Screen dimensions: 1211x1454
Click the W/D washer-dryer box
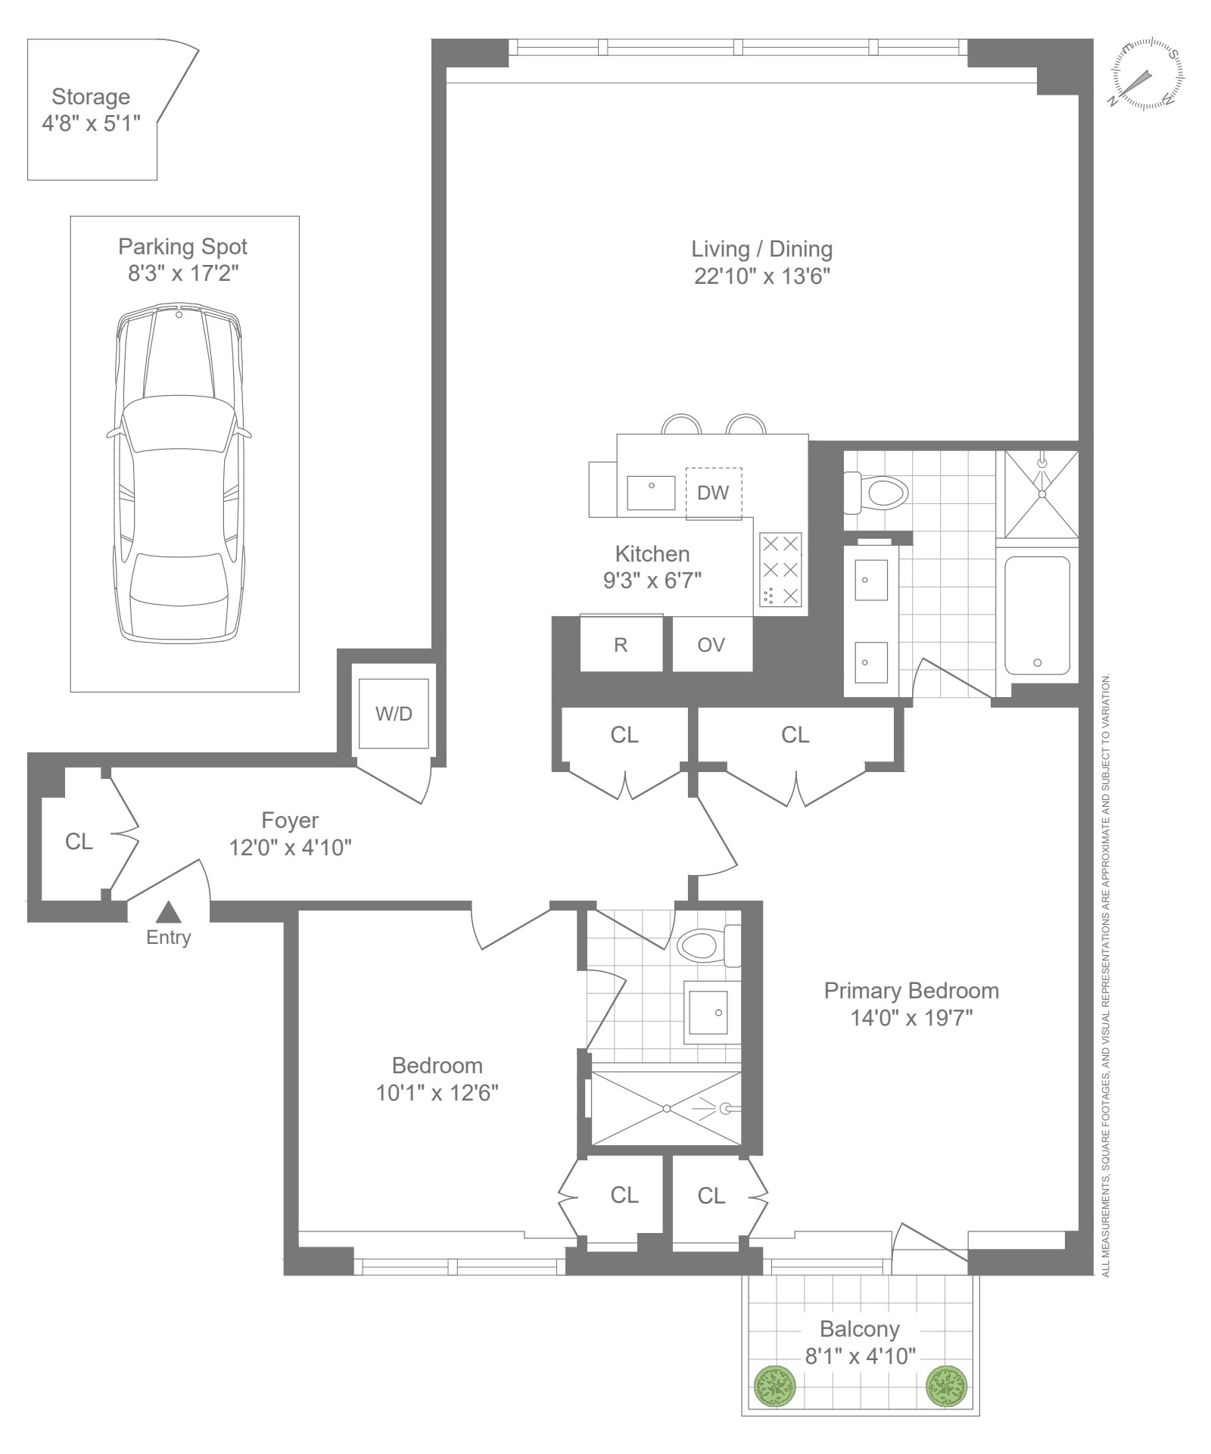coord(394,713)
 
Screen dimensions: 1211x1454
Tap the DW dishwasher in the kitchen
coord(714,493)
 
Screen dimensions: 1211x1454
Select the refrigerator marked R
coord(621,644)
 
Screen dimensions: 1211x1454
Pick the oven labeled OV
coord(712,644)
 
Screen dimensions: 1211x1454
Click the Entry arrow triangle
coord(169,911)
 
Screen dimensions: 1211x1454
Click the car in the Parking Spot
coord(179,474)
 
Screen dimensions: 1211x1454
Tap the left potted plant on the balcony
coord(776,1387)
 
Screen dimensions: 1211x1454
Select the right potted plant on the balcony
coord(947,1387)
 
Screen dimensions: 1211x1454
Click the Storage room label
coord(91,97)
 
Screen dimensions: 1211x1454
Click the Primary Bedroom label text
coord(911,991)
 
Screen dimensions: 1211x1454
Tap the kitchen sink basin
coord(651,493)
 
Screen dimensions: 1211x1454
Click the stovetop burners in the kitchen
coord(780,569)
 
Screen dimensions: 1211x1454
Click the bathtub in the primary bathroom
coord(1037,615)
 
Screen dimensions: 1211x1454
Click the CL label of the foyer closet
coord(79,842)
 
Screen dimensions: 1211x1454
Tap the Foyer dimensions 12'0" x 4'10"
coord(291,848)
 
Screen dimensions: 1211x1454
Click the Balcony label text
coord(860,1329)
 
